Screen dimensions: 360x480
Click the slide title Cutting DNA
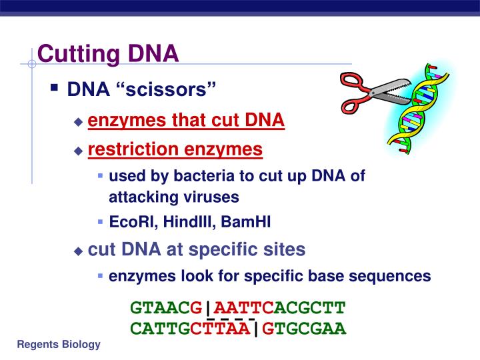(x=108, y=53)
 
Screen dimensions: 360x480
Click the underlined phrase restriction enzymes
(x=175, y=149)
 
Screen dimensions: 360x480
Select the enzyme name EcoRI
(x=127, y=222)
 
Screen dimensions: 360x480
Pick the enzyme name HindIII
(x=177, y=222)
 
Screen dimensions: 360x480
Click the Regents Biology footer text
(x=59, y=345)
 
